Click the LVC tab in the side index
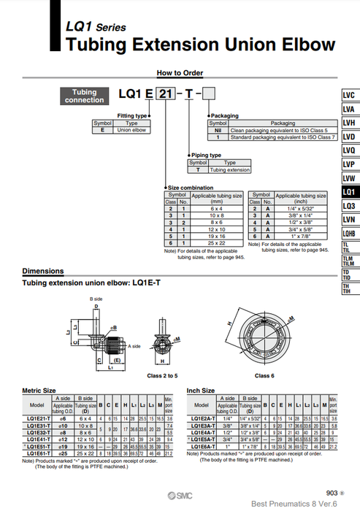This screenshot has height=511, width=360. pyautogui.click(x=348, y=96)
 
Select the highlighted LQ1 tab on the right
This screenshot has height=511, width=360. pyautogui.click(x=348, y=192)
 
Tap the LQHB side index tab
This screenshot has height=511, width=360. pyautogui.click(x=348, y=233)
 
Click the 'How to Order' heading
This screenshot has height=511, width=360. pyautogui.click(x=180, y=72)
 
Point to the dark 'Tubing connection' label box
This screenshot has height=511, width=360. pyautogui.click(x=85, y=96)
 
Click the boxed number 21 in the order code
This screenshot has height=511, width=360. pyautogui.click(x=167, y=96)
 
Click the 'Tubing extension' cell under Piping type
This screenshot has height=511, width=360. pyautogui.click(x=230, y=169)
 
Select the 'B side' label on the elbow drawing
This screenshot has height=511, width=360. pyautogui.click(x=96, y=299)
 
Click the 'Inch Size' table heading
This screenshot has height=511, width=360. pyautogui.click(x=202, y=391)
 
